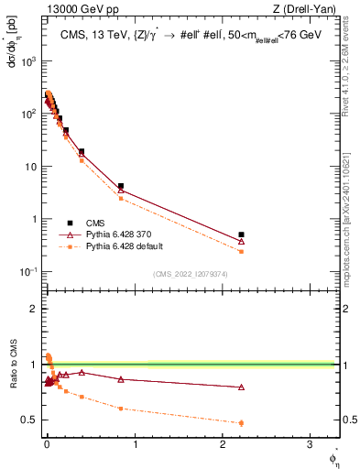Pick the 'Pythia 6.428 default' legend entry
(121, 246)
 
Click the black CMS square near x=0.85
(121, 186)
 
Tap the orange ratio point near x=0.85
(121, 409)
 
